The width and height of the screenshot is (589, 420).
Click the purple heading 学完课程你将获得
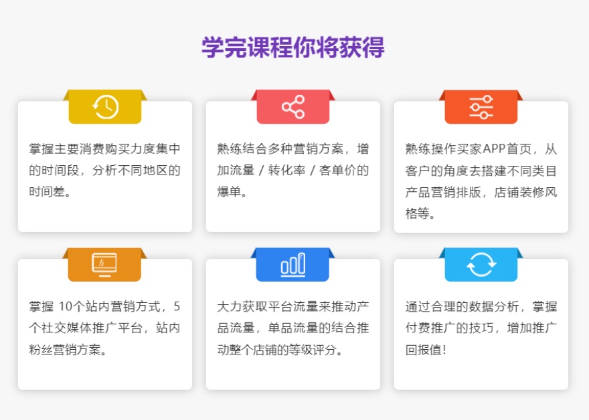point(293,48)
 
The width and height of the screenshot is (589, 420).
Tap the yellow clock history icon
point(105,107)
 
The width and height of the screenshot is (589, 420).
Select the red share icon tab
point(293,107)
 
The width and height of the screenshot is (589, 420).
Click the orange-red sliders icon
point(481,107)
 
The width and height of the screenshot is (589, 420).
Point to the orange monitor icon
point(104,265)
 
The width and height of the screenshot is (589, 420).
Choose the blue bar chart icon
point(293,265)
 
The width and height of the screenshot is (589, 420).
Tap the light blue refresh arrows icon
point(481,265)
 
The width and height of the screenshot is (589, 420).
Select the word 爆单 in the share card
point(228,192)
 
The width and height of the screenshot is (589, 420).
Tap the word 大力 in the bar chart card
point(228,307)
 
